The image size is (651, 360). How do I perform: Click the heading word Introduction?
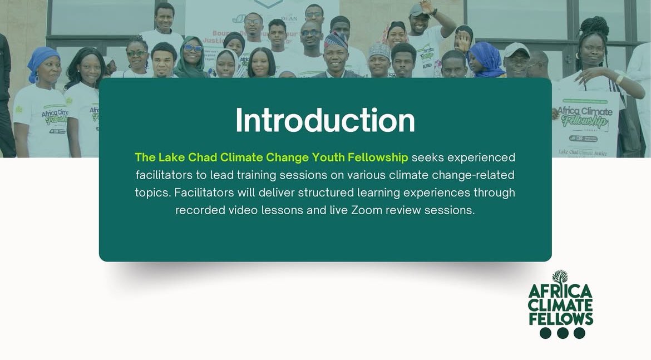[325, 120]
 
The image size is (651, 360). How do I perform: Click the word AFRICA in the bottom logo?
[560, 292]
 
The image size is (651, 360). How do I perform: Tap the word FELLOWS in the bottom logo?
[561, 319]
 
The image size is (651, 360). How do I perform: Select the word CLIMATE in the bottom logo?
[560, 305]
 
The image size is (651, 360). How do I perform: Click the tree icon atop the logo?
[560, 277]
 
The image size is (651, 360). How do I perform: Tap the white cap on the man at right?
[516, 49]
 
